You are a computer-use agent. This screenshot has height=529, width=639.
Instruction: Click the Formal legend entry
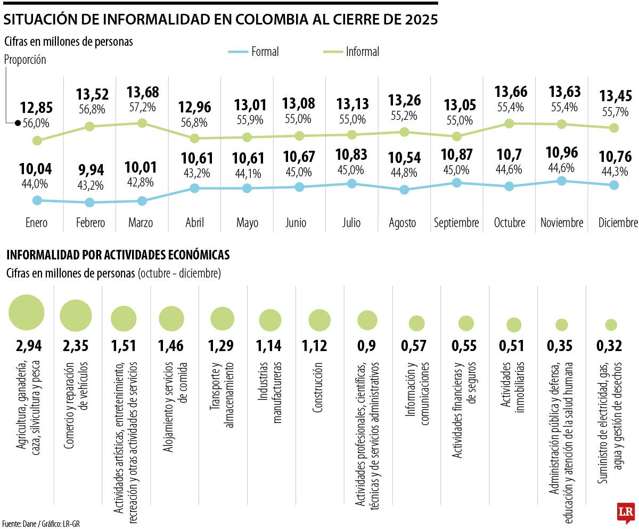253,52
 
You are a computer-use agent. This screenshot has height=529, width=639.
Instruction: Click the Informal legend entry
351,52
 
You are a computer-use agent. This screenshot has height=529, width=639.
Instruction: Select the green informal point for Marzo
142,123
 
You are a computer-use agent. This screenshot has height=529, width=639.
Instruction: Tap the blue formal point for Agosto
404,189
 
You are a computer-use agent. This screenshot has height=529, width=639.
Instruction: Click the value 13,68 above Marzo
142,92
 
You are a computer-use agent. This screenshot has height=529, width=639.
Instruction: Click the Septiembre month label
456,223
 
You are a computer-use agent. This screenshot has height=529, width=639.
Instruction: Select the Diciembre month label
617,223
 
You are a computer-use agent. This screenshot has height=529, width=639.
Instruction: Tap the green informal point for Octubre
509,124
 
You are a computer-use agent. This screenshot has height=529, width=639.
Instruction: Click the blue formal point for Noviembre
561,181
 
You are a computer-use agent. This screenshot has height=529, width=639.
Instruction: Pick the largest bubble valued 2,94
27,312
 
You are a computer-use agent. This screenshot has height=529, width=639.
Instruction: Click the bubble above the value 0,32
611,324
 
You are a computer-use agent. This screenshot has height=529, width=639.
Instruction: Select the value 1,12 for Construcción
319,346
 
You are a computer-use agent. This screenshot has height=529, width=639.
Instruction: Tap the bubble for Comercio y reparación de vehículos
76,315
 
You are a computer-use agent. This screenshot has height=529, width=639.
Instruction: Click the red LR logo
625,512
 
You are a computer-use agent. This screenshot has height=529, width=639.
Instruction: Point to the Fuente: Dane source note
41,524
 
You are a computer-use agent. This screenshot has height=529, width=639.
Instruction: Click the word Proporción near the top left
25,60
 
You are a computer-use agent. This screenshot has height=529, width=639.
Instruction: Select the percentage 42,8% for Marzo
142,182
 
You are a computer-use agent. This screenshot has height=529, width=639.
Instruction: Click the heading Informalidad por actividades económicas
118,255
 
